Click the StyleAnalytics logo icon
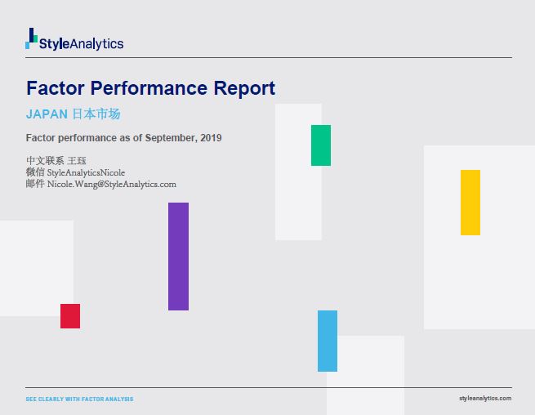32,38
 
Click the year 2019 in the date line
211,138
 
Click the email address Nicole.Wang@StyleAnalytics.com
112,185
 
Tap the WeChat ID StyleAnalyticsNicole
86,172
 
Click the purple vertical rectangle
178,257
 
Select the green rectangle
321,145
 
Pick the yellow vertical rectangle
470,203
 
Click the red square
70,316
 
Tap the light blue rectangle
328,341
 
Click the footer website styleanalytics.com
485,399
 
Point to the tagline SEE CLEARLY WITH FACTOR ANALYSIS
79,399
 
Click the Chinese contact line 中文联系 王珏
56,161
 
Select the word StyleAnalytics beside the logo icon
82,44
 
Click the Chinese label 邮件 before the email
35,185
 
